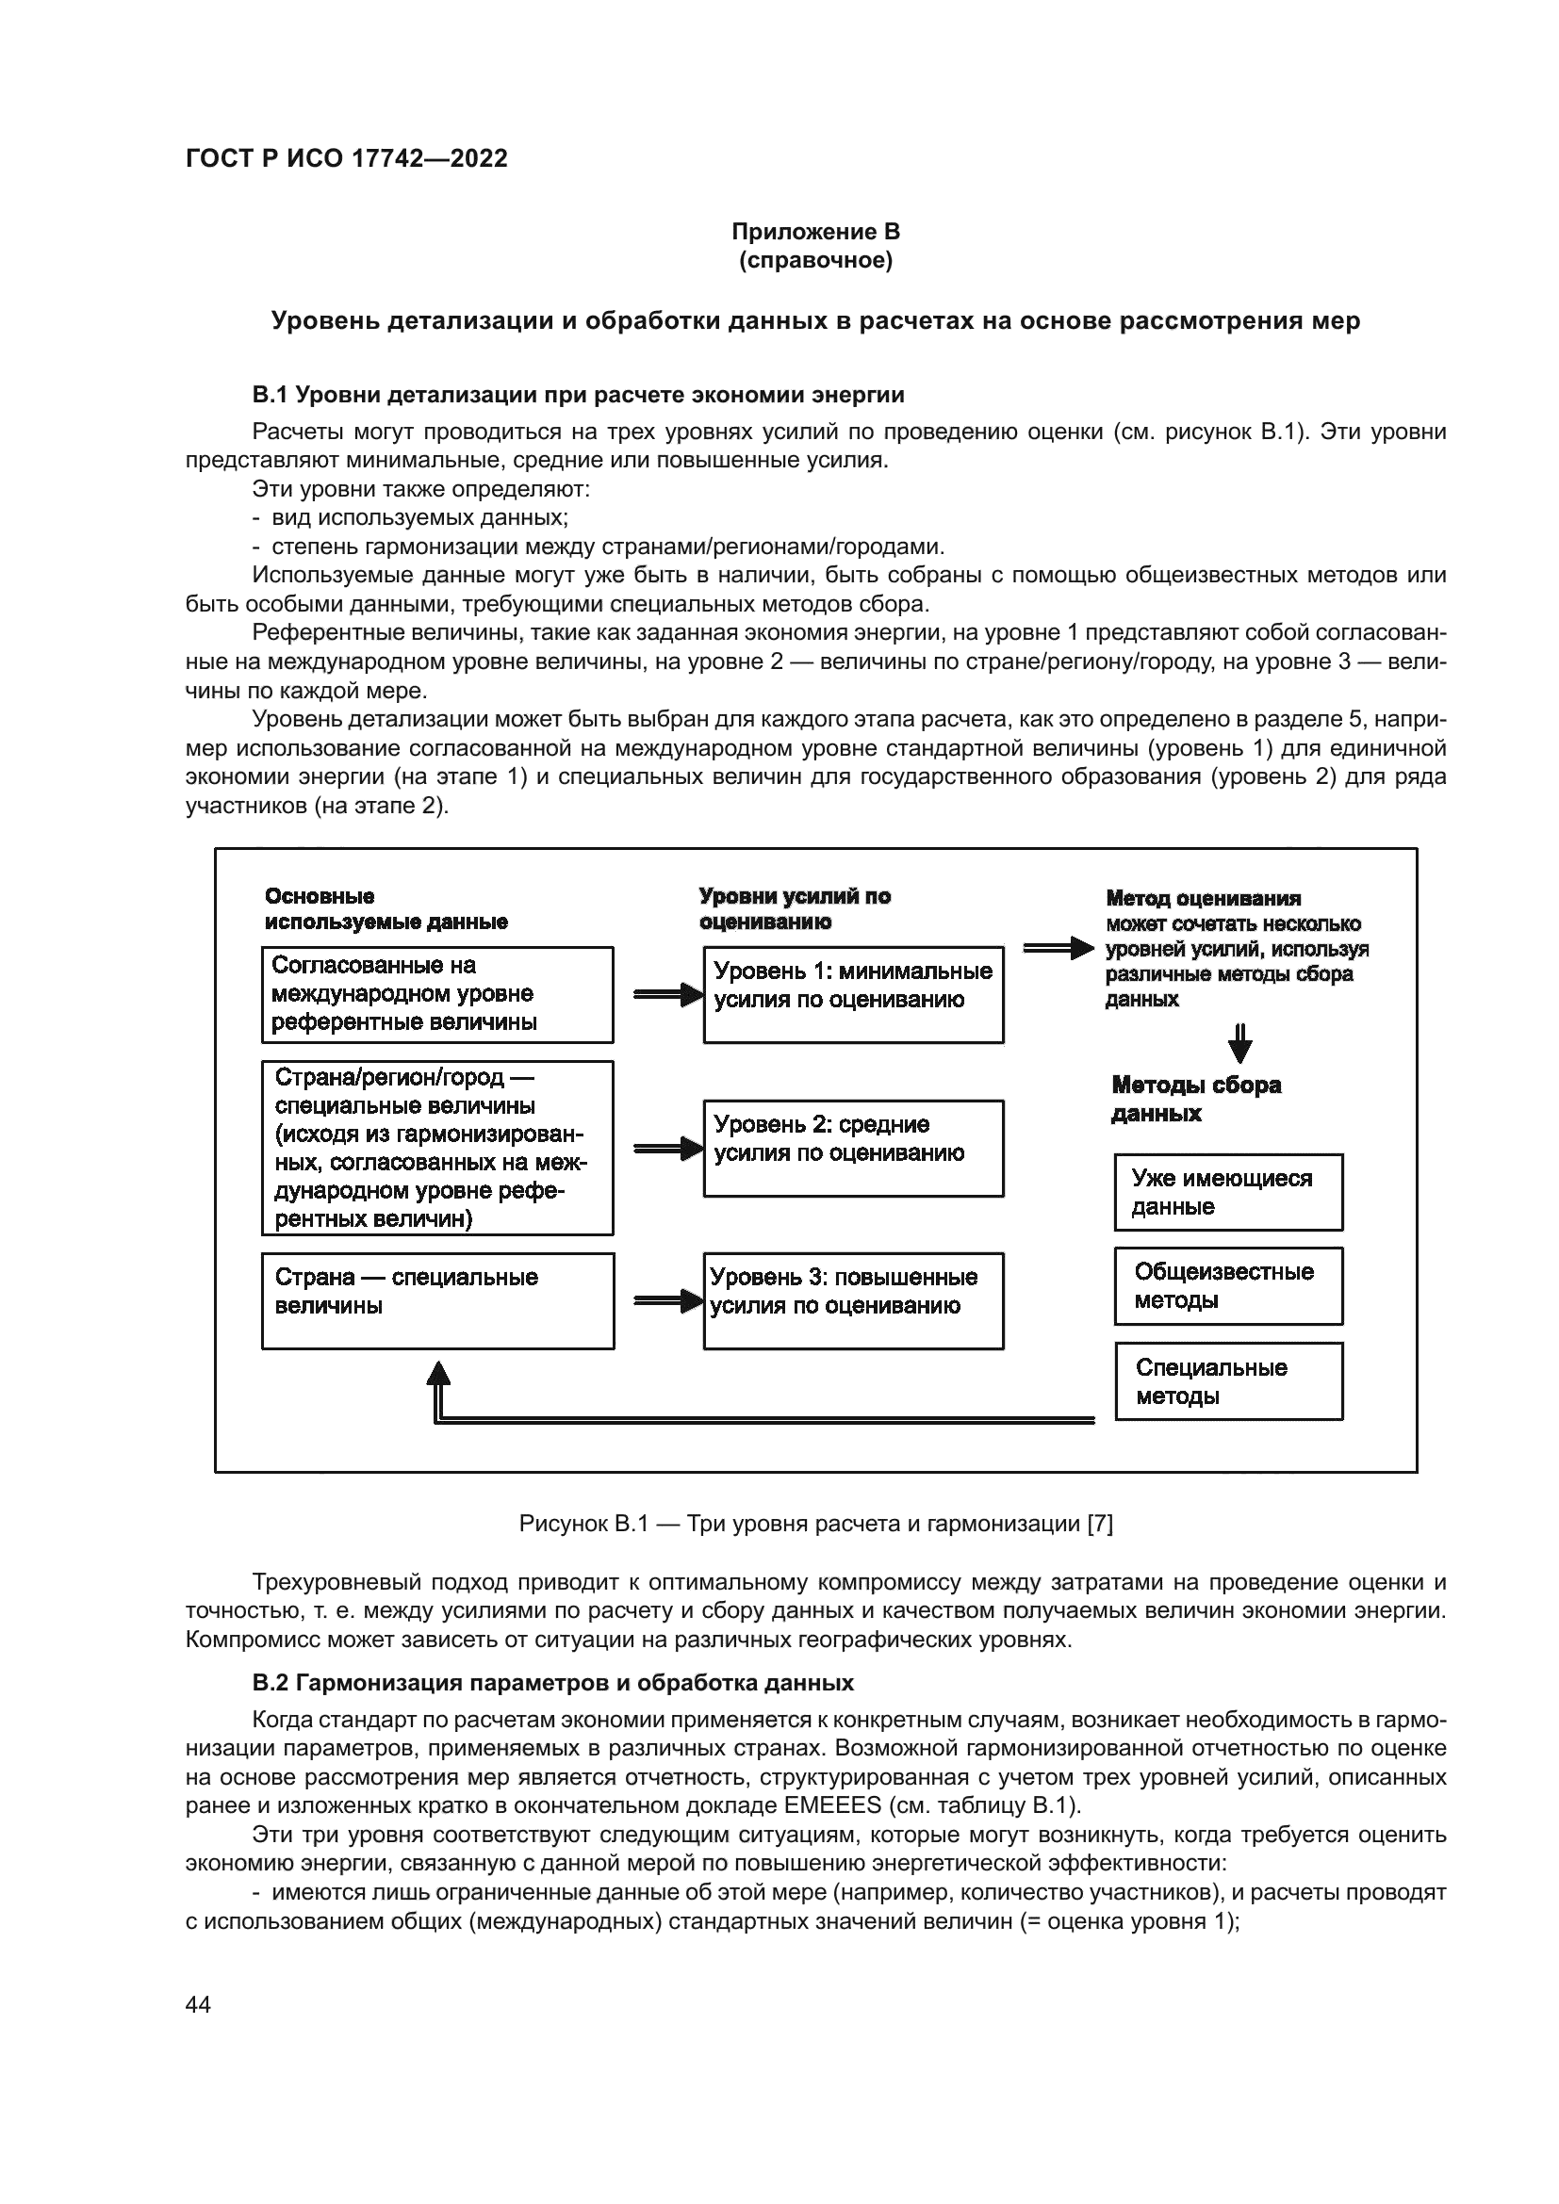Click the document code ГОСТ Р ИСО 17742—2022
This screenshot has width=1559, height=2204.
(x=347, y=158)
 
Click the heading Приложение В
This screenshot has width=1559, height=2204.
(x=815, y=232)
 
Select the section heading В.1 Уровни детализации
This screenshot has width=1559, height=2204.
(x=578, y=395)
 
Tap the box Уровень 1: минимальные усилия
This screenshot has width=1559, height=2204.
(x=852, y=994)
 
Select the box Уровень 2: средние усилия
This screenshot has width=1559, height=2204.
(x=852, y=1148)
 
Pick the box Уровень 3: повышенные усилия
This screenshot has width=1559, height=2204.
(x=852, y=1299)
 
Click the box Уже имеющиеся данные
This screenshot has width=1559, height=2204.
(x=1228, y=1191)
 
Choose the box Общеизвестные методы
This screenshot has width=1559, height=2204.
(x=1228, y=1285)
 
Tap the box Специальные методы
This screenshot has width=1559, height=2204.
(x=1228, y=1380)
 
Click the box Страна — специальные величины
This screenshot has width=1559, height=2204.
(x=437, y=1299)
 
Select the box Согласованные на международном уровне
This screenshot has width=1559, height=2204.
(x=437, y=994)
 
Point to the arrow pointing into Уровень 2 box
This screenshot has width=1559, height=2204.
(x=669, y=1148)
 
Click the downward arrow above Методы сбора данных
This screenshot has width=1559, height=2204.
(x=1240, y=1044)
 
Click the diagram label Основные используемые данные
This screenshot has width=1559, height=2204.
(x=386, y=908)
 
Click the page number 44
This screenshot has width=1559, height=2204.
(x=198, y=2004)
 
